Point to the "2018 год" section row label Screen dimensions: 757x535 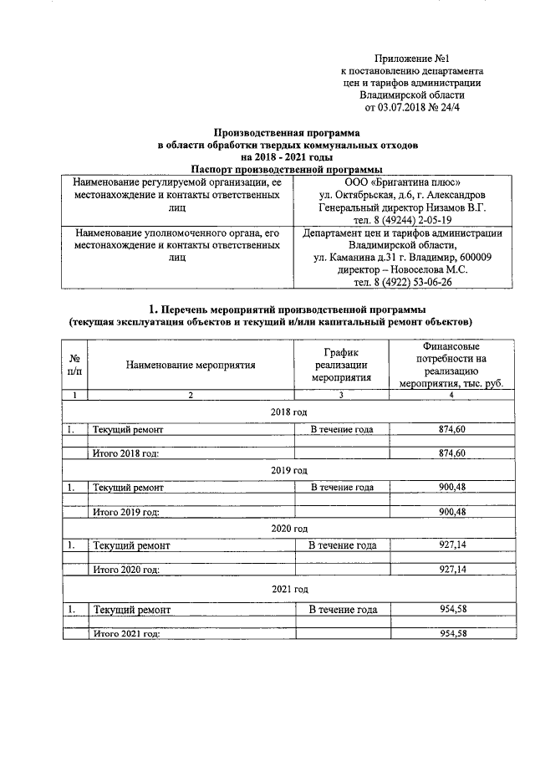[x=289, y=412]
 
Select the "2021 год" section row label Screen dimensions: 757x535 [x=289, y=590]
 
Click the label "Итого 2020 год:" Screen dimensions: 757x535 [x=125, y=570]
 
